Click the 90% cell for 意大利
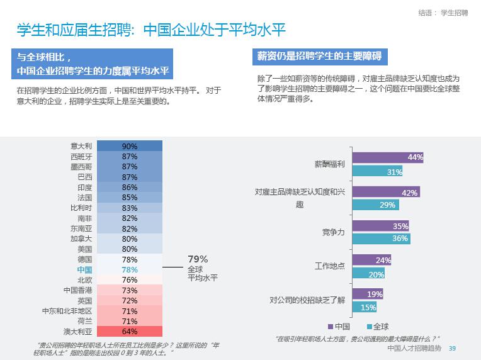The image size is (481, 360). [x=130, y=146]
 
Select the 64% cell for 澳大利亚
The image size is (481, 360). [x=130, y=332]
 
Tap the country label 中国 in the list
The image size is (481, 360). [x=84, y=269]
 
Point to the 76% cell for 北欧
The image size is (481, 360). [x=130, y=280]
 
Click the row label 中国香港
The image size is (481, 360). [x=78, y=290]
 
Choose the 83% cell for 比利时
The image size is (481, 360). [x=130, y=208]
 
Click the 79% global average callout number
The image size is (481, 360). [x=198, y=259]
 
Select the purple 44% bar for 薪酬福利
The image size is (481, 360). [x=387, y=157]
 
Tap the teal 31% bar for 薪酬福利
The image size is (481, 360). [x=377, y=171]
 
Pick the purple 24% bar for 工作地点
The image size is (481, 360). [x=371, y=260]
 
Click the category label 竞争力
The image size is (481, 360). [x=333, y=232]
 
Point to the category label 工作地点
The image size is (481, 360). [x=330, y=266]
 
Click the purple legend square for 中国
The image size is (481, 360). [x=331, y=327]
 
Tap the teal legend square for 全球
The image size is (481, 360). [x=369, y=327]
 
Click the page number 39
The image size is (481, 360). [x=451, y=349]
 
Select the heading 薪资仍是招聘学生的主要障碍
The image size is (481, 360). [x=319, y=56]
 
